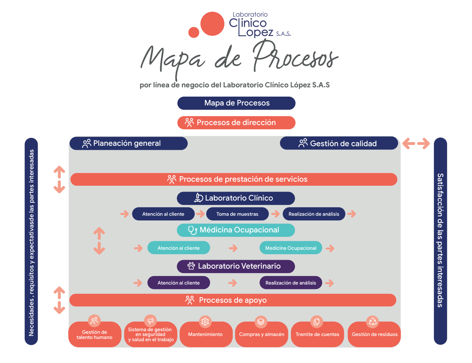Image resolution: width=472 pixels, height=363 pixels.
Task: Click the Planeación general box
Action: (x=128, y=143)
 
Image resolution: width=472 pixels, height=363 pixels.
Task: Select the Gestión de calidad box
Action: (x=339, y=143)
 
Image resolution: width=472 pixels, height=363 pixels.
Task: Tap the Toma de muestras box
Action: (x=237, y=214)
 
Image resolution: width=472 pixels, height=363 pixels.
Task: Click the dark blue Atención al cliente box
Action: (x=163, y=214)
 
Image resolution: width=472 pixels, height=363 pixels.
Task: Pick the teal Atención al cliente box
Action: (x=178, y=248)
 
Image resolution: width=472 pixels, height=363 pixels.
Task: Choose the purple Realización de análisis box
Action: (x=291, y=283)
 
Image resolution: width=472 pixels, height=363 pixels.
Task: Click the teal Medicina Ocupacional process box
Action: (x=291, y=248)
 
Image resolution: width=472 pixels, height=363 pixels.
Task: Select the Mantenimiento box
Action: (x=205, y=335)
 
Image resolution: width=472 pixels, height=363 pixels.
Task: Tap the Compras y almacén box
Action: (x=261, y=335)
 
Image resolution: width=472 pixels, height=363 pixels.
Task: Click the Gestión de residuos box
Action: (x=374, y=335)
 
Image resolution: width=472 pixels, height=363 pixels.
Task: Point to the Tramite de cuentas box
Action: (x=317, y=335)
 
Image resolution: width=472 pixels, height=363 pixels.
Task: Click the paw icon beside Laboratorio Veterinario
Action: (x=191, y=266)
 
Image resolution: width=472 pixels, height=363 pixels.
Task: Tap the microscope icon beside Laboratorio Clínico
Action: (x=198, y=198)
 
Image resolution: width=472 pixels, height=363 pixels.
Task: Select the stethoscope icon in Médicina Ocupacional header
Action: (x=193, y=230)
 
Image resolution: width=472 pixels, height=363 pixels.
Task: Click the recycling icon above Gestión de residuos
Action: (x=372, y=322)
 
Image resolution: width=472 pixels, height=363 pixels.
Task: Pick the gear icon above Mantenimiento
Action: (x=205, y=322)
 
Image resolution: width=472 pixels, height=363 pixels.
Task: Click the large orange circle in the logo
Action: (x=212, y=24)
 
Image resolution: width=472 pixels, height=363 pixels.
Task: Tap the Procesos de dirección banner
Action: (x=236, y=122)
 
